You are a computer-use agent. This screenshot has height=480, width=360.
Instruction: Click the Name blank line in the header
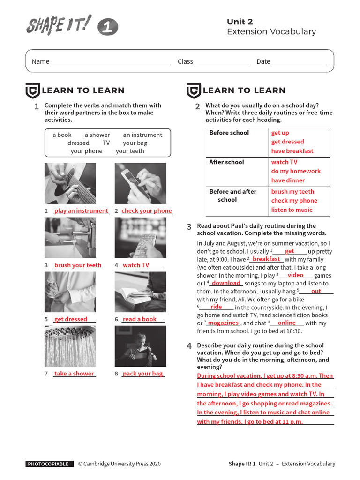(111, 62)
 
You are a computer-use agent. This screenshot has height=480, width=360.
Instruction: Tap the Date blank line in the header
(299, 62)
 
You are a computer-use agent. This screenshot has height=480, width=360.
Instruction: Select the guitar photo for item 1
(70, 183)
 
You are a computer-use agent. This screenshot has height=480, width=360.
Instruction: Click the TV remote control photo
(140, 238)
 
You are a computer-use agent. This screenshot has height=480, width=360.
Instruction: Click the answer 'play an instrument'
(81, 211)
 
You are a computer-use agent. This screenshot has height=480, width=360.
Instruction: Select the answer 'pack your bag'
(142, 374)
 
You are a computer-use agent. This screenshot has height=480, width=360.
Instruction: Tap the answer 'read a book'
(139, 319)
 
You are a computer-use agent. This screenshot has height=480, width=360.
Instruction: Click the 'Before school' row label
(229, 133)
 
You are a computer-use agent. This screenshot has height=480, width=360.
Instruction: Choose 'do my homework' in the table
(296, 171)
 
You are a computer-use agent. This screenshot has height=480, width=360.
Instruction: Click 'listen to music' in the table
(291, 210)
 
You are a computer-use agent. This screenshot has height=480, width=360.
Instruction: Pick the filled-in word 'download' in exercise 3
(226, 283)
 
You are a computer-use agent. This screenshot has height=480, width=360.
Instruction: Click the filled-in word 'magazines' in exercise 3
(223, 323)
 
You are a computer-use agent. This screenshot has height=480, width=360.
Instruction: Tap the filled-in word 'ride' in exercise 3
(216, 307)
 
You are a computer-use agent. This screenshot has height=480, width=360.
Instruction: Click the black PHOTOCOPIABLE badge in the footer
(50, 464)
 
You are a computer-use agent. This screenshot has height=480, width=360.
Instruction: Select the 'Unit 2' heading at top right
(240, 22)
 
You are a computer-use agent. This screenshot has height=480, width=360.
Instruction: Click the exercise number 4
(189, 346)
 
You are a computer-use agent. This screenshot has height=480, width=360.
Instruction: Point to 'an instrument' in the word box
(142, 135)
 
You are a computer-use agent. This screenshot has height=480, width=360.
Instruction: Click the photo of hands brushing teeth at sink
(70, 238)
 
